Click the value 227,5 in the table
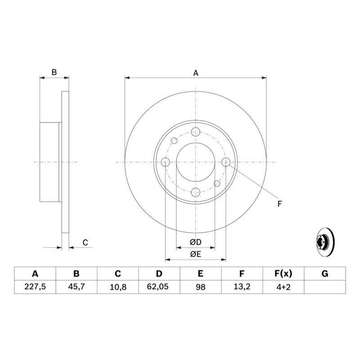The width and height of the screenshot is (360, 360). tap(35, 287)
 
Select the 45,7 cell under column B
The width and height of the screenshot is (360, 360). tap(76, 287)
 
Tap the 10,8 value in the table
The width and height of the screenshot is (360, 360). tap(118, 287)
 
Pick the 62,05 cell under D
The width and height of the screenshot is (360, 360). tap(159, 287)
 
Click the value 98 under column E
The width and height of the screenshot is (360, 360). tap(200, 287)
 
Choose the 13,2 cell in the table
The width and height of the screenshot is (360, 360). tap(242, 287)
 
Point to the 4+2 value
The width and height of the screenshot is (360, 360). tap(283, 287)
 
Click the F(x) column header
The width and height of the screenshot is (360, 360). tap(283, 274)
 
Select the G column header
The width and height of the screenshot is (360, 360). tap(325, 274)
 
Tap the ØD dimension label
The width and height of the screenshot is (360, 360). tap(195, 242)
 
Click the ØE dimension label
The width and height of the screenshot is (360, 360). tap(195, 254)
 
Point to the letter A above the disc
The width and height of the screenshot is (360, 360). tap(196, 73)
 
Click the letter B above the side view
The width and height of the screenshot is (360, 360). tap(54, 72)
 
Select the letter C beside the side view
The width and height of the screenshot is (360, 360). tap(85, 243)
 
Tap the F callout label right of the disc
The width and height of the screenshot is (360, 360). tap(279, 204)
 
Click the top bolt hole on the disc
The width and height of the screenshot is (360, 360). tap(195, 132)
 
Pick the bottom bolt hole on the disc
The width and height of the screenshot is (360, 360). tap(196, 192)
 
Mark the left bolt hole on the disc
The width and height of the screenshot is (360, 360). tap(165, 162)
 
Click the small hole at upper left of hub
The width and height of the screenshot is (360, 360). tap(175, 141)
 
